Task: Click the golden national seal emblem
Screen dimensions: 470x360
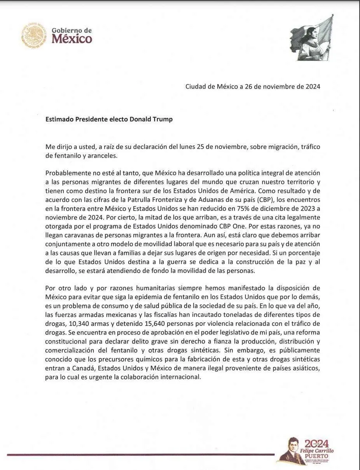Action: tap(34, 35)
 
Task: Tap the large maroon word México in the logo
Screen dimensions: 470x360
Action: tap(72, 39)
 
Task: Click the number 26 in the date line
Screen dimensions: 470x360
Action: tap(249, 87)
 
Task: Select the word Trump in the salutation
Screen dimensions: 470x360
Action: tap(163, 119)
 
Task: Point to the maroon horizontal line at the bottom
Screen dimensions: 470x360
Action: tap(140, 454)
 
